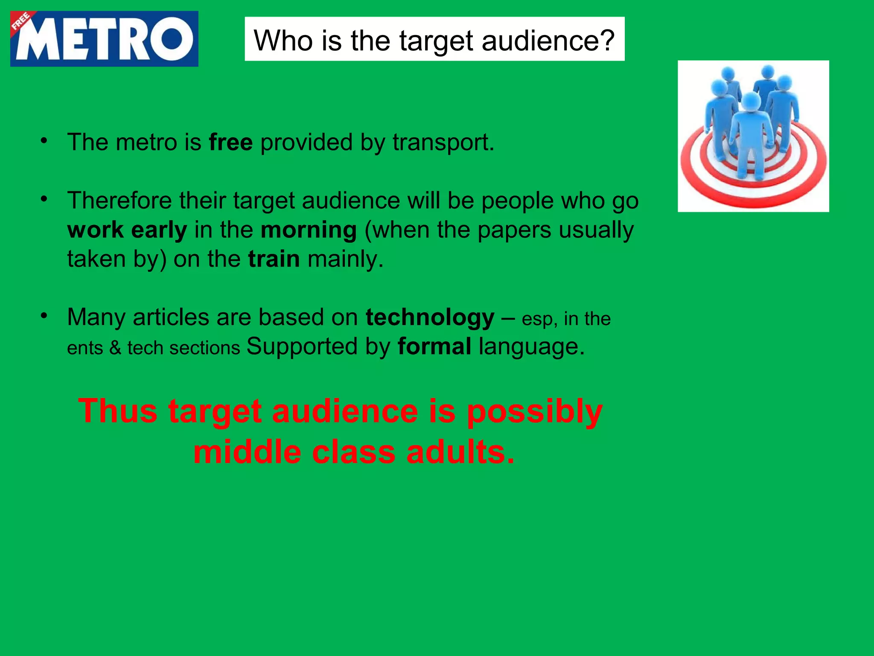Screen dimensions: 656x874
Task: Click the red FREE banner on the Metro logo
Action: click(21, 22)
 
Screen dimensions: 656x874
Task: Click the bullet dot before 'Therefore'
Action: click(44, 199)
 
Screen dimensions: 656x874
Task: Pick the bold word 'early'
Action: click(159, 231)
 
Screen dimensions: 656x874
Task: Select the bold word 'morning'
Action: click(309, 231)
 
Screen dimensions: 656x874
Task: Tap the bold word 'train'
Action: click(274, 259)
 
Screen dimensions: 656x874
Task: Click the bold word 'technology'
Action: click(430, 318)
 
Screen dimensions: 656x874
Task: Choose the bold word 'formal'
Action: click(434, 346)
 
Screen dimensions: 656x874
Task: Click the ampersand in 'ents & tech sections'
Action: click(115, 348)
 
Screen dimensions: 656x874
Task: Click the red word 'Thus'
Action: click(118, 411)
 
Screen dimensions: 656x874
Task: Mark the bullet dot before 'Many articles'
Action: click(44, 316)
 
